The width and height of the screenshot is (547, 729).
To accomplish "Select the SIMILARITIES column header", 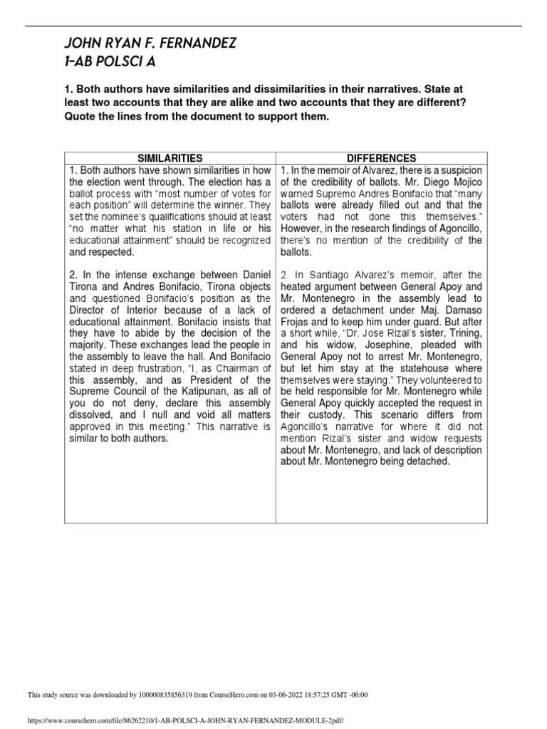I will (170, 158).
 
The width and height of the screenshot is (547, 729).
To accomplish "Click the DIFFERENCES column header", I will (382, 158).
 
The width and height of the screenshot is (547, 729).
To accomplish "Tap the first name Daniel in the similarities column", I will (254, 273).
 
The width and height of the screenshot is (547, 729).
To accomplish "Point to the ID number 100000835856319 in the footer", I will (149, 696).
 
